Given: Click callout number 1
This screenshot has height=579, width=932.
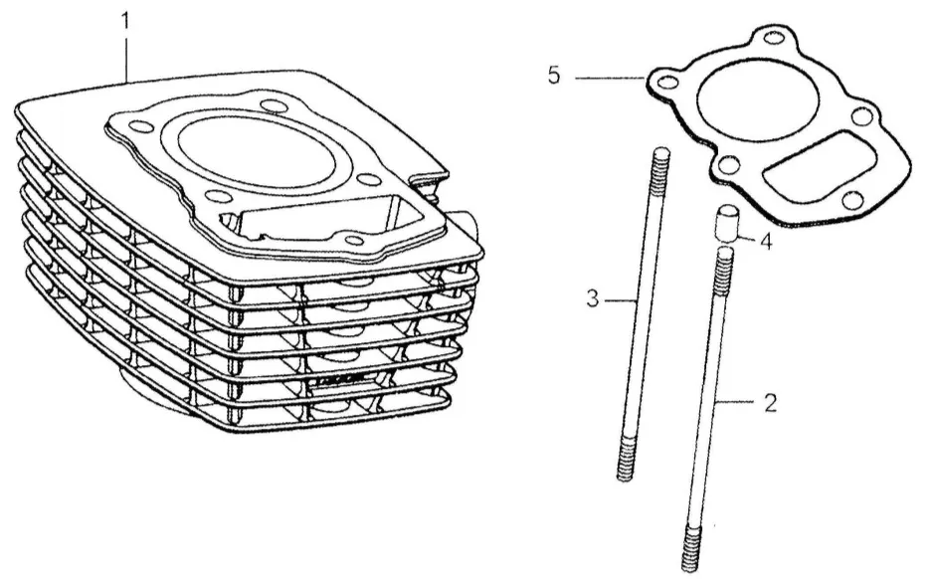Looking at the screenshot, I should click(125, 20).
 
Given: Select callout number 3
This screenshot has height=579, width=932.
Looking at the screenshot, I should click(593, 298).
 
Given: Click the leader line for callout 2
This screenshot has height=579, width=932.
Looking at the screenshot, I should click(740, 402).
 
